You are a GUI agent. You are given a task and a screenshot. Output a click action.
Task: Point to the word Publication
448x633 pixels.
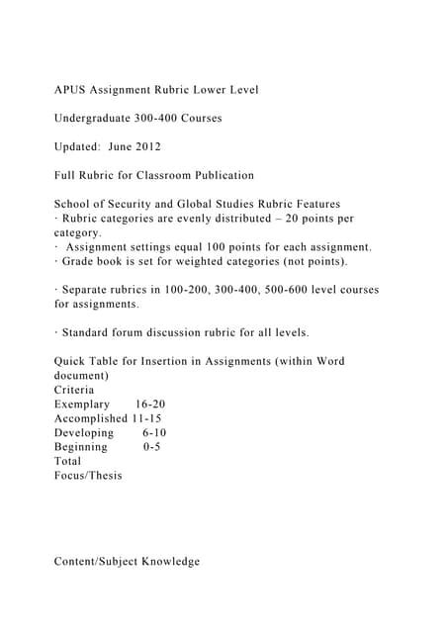pyautogui.click(x=220, y=175)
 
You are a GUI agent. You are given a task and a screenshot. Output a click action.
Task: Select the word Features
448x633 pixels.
pyautogui.click(x=314, y=203)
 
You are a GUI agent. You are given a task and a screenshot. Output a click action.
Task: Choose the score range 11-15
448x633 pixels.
pyautogui.click(x=147, y=418)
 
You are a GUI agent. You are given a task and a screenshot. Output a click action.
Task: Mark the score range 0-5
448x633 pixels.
pyautogui.click(x=151, y=446)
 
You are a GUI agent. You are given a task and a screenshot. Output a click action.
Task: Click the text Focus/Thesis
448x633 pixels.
pyautogui.click(x=89, y=475)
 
